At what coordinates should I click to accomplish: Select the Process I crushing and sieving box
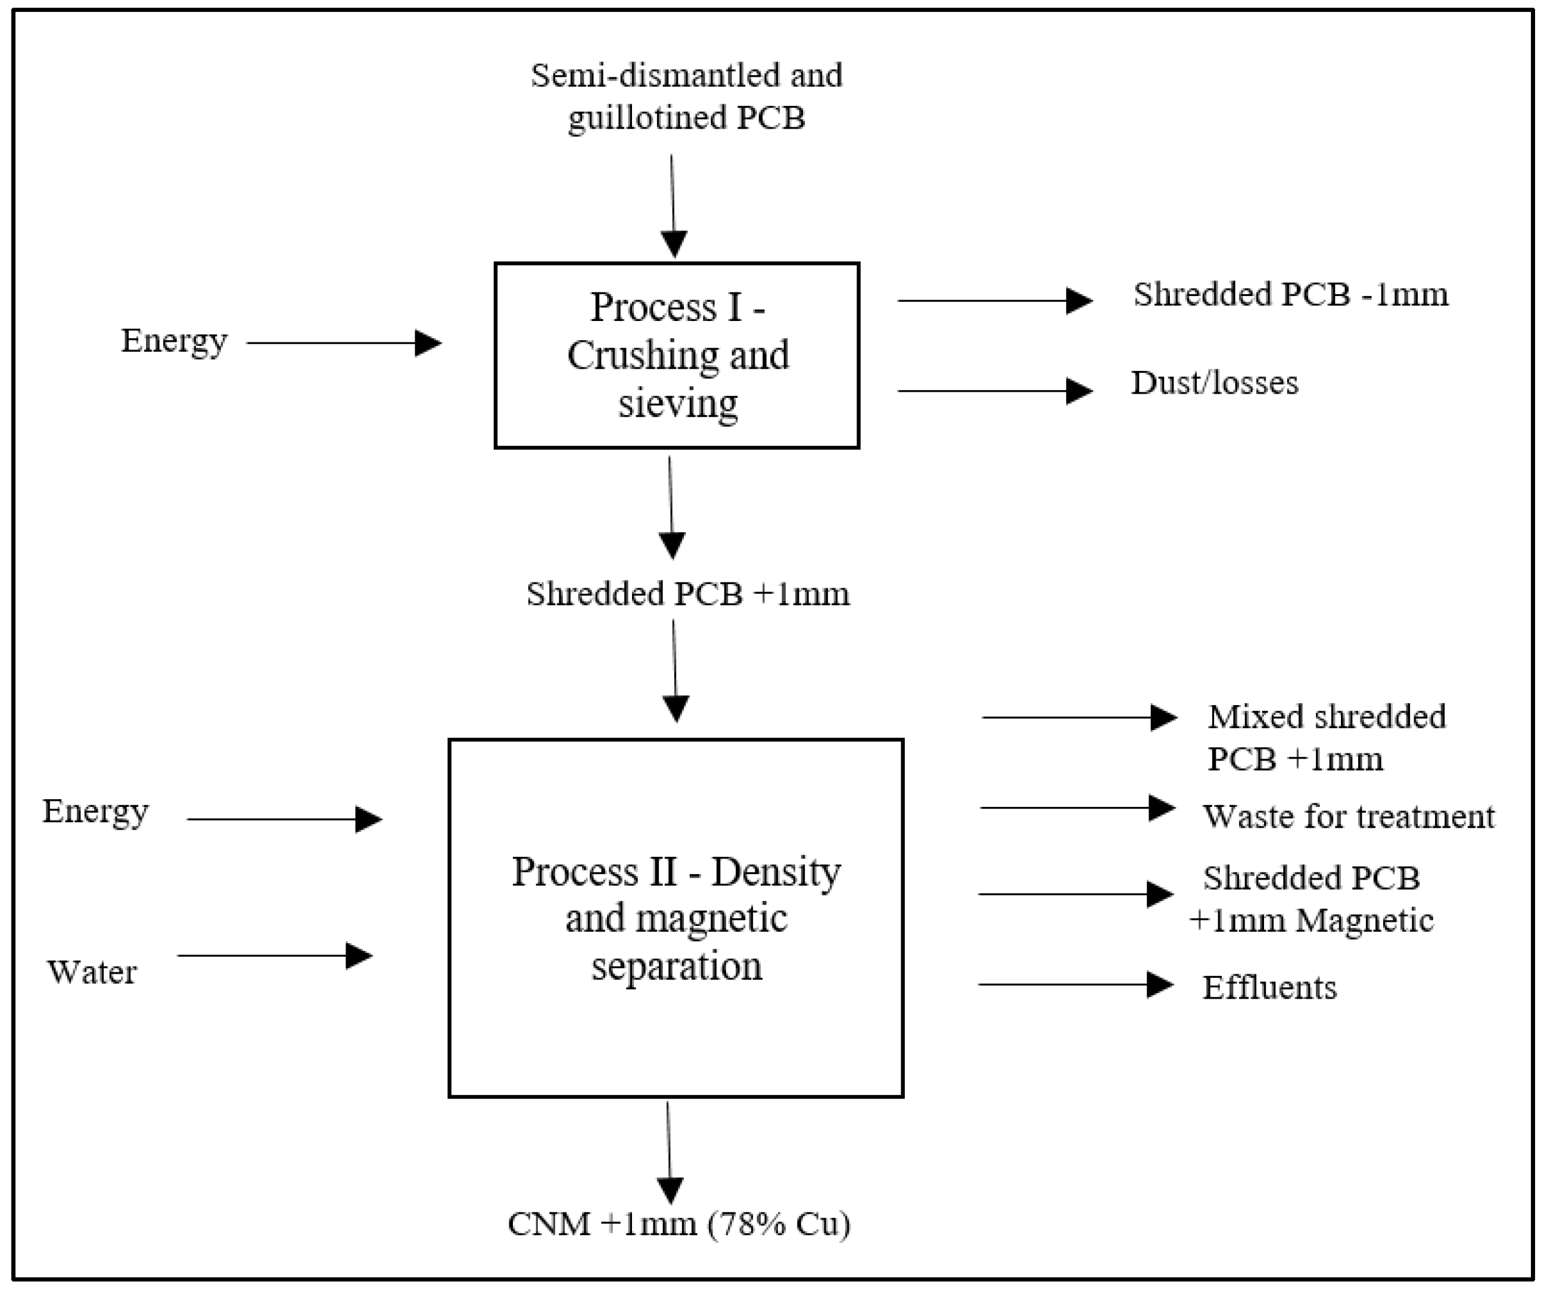point(676,355)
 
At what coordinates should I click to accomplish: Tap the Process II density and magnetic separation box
point(676,918)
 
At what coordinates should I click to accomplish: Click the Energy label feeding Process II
point(95,812)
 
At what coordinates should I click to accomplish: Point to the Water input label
point(92,972)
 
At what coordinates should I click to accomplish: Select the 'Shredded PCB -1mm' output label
point(1290,295)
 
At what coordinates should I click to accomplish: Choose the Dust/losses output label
point(1214,383)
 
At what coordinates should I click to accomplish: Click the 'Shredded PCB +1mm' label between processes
point(687,594)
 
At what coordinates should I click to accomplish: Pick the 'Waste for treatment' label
point(1348,816)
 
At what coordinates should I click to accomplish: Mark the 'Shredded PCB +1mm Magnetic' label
point(1311,899)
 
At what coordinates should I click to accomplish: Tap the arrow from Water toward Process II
point(274,956)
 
